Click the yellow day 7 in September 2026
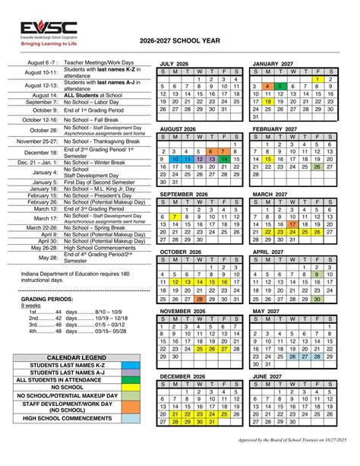(175, 217)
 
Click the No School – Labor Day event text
(91, 102)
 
